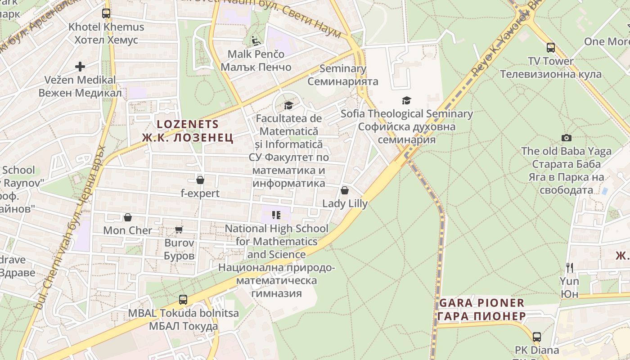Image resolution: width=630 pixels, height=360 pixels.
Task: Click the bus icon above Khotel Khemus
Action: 106,13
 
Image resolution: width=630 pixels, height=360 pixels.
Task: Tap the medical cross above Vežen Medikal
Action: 80,67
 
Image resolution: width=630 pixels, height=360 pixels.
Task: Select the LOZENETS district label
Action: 188,124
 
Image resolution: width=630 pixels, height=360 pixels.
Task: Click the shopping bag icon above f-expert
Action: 200,180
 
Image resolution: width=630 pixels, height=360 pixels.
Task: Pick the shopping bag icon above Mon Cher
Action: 128,217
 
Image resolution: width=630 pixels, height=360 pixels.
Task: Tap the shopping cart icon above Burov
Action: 179,230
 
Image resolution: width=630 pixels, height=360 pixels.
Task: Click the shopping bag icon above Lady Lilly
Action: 345,190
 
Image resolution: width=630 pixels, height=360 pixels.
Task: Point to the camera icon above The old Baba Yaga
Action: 567,138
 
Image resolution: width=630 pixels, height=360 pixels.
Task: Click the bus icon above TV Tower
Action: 550,48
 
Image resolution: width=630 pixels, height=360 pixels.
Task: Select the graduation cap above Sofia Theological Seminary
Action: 406,100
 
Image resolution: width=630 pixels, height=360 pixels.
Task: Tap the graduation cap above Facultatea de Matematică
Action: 288,105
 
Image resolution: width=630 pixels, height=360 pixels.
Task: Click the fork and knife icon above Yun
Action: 570,268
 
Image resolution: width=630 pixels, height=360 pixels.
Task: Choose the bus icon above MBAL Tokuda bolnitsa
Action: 183,300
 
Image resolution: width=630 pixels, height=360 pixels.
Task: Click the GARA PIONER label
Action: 481,303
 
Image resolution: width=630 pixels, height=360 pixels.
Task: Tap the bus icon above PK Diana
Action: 536,337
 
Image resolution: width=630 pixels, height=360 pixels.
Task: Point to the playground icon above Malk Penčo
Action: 256,41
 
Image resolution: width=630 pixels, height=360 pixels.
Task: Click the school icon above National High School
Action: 276,215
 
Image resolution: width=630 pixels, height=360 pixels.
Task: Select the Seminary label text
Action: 343,68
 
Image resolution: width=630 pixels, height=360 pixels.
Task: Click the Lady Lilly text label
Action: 345,203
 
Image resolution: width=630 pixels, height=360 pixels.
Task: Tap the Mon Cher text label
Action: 128,230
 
